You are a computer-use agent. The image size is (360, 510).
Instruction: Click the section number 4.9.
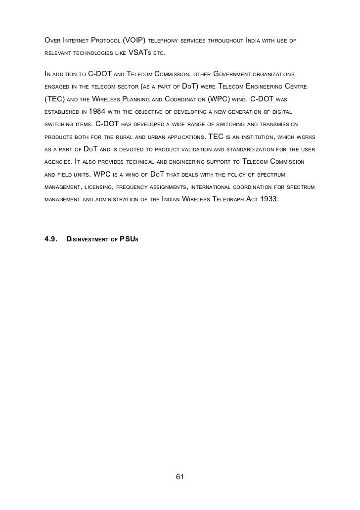[x=50, y=239]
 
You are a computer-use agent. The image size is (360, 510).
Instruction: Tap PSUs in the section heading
[x=129, y=239]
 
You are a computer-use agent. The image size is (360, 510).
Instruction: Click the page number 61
[x=180, y=477]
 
